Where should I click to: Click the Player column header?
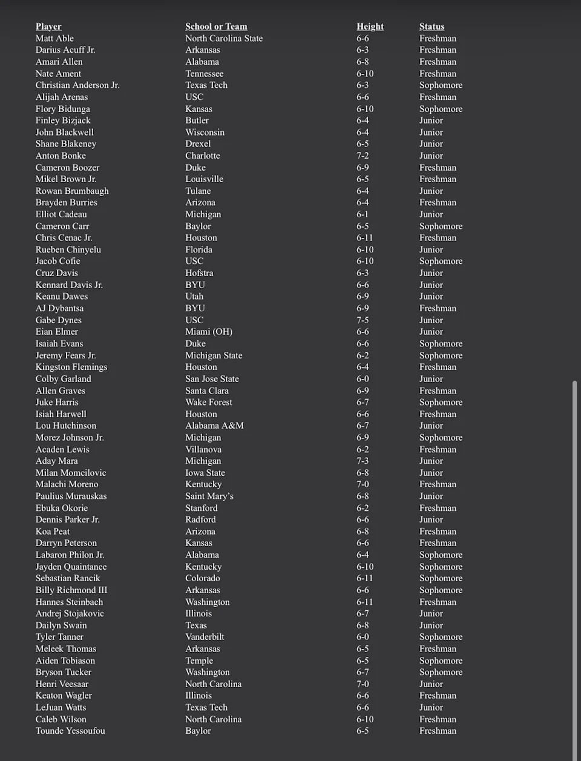click(48, 27)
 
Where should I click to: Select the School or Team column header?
click(216, 27)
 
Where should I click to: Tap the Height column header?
click(370, 27)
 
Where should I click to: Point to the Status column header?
click(432, 27)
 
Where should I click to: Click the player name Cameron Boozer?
click(67, 168)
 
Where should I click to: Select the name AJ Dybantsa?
click(59, 308)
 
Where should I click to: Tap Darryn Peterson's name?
click(66, 543)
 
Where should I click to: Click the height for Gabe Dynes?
click(363, 320)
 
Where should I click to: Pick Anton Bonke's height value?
click(363, 156)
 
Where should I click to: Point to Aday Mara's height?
click(363, 461)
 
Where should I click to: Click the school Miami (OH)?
click(209, 332)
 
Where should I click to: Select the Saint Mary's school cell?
click(209, 496)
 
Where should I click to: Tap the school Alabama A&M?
click(214, 426)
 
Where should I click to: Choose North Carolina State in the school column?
click(224, 38)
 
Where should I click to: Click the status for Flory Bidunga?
click(441, 109)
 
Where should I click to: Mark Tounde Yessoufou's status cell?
click(438, 731)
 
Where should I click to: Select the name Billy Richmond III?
click(71, 590)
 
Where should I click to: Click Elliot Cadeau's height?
click(363, 214)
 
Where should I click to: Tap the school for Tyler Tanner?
click(205, 637)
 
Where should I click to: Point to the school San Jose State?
click(212, 379)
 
